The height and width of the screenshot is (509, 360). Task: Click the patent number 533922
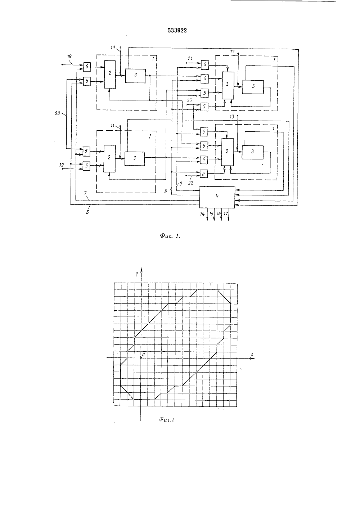[177, 31]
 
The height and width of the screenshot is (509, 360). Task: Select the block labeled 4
[217, 197]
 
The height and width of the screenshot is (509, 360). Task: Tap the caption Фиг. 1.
[170, 236]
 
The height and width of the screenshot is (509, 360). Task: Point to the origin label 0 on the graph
[143, 354]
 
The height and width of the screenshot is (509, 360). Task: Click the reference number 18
[69, 57]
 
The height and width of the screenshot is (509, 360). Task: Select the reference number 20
[57, 113]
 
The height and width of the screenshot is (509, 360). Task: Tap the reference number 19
[62, 165]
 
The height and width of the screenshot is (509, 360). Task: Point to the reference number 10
[113, 48]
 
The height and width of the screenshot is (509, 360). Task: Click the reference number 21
[190, 58]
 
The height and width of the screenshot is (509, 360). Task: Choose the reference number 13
[232, 117]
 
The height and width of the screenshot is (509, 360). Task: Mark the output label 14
[202, 214]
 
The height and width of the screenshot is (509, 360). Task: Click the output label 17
[226, 213]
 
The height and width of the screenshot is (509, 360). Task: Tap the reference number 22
[190, 183]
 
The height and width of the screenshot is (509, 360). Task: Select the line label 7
[85, 193]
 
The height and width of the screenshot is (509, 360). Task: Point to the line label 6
[87, 213]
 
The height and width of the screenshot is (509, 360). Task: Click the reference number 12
[232, 52]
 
